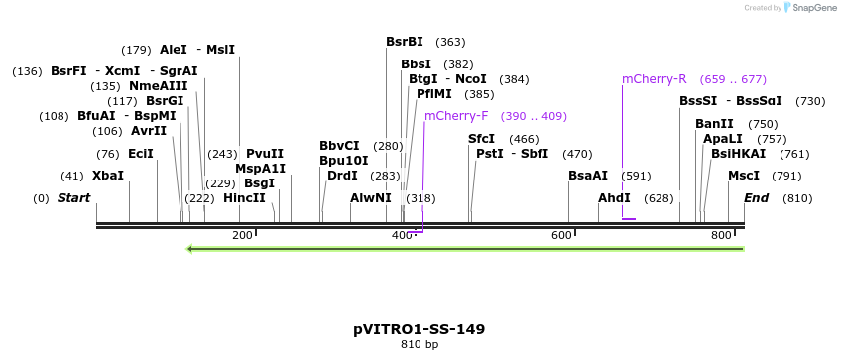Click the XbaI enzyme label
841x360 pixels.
point(108,176)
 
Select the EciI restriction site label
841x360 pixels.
point(141,154)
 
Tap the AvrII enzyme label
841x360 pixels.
point(149,131)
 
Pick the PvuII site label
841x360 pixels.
point(265,154)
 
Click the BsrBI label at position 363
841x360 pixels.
point(405,42)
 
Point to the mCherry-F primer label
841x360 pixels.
point(456,116)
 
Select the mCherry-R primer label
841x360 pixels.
point(654,79)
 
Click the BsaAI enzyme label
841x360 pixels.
point(588,176)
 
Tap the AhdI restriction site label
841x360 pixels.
point(614,198)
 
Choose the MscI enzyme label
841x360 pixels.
point(744,176)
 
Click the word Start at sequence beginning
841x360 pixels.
point(73,198)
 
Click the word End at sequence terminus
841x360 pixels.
point(757,198)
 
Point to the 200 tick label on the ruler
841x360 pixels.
point(242,235)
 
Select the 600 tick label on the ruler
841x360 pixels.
point(561,235)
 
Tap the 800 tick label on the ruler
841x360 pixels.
point(721,235)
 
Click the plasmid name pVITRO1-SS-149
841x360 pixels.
point(419,328)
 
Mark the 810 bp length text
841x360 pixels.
point(419,345)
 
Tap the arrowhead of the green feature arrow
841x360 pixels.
point(189,248)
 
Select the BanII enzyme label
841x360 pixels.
point(714,124)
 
